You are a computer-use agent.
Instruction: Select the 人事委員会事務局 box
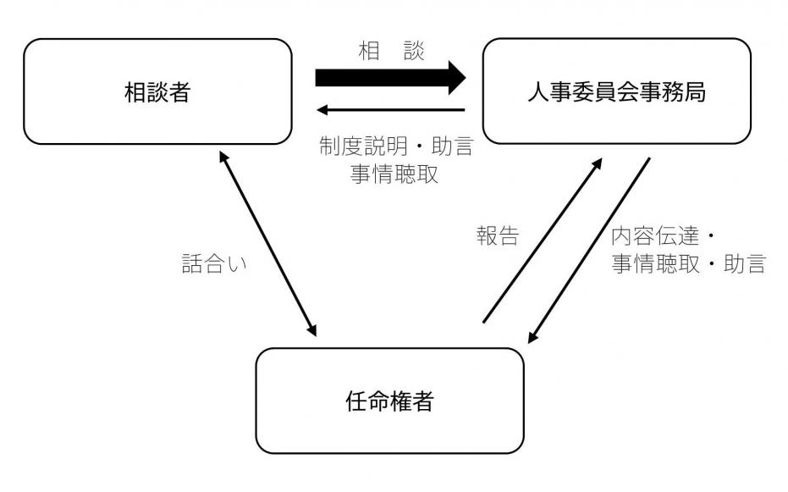pyautogui.click(x=616, y=91)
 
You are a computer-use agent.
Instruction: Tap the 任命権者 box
pyautogui.click(x=389, y=401)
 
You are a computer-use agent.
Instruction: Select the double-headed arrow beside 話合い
pyautogui.click(x=267, y=244)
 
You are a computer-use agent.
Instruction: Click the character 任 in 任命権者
pyautogui.click(x=355, y=401)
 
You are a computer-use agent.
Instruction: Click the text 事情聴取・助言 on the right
pyautogui.click(x=688, y=263)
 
